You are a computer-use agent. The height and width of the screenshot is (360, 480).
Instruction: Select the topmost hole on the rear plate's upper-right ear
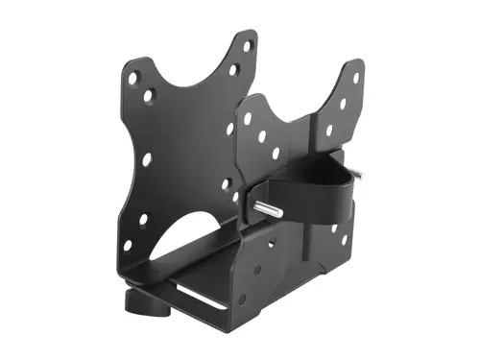tap(248, 45)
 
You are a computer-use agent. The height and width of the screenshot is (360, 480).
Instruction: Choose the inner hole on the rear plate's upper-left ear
tap(148, 96)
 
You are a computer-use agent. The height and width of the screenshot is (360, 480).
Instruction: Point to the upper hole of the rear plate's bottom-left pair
tap(143, 220)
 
